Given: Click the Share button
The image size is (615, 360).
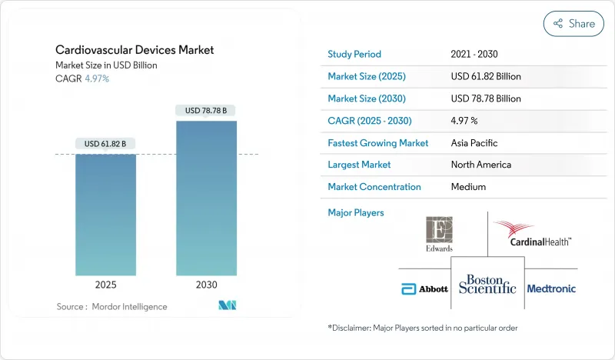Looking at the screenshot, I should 573,24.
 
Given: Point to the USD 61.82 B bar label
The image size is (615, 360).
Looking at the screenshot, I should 106,144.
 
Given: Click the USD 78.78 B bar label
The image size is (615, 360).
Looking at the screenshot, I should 205,110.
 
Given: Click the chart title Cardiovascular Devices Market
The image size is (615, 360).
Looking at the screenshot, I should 135,50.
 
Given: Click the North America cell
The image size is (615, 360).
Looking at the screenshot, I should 481,165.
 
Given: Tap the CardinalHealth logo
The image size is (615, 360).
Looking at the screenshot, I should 532,234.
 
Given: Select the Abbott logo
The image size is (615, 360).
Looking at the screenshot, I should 419,289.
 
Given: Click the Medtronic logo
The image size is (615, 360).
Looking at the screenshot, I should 550,289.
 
